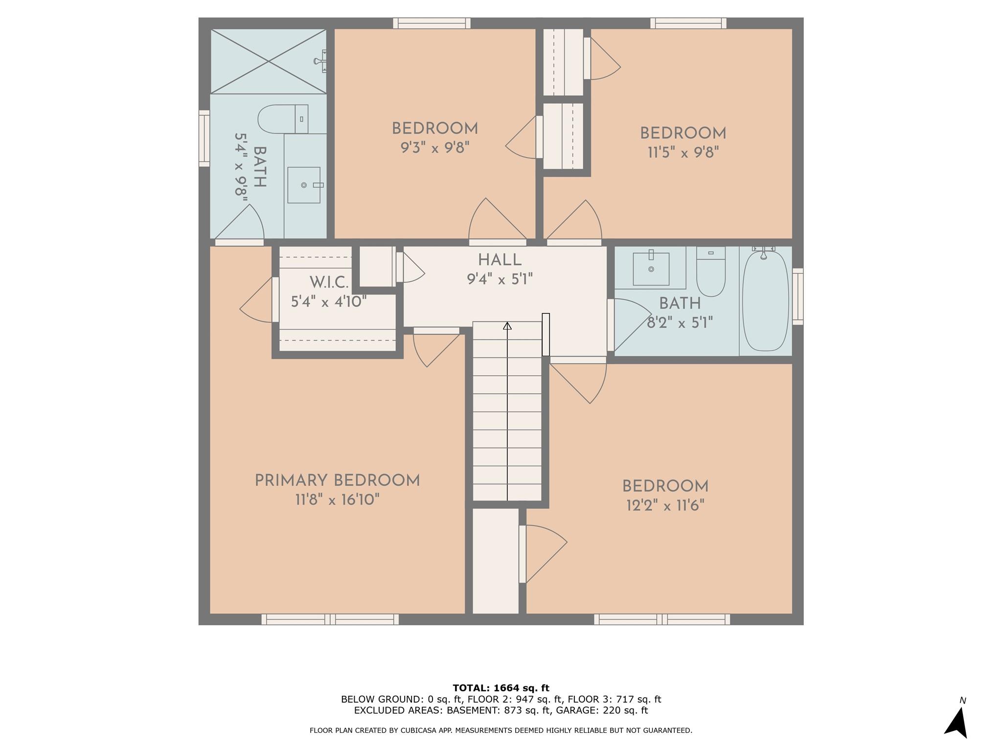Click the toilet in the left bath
click(x=283, y=119)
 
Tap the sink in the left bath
click(x=304, y=185)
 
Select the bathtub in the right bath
click(x=766, y=301)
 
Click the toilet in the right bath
click(x=710, y=272)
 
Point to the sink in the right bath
click(x=651, y=268)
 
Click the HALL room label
click(x=500, y=260)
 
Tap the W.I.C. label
click(x=329, y=283)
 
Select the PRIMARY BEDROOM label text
click(x=337, y=481)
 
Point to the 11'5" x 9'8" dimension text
click(x=683, y=153)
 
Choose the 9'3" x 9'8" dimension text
click(x=435, y=148)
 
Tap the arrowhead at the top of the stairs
click(x=507, y=326)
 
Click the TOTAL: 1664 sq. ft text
click(x=501, y=688)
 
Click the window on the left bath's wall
click(x=204, y=138)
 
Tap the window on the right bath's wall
click(x=798, y=296)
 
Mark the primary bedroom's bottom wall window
click(x=330, y=619)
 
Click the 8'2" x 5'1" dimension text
click(x=680, y=323)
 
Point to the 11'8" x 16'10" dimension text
click(x=337, y=500)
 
